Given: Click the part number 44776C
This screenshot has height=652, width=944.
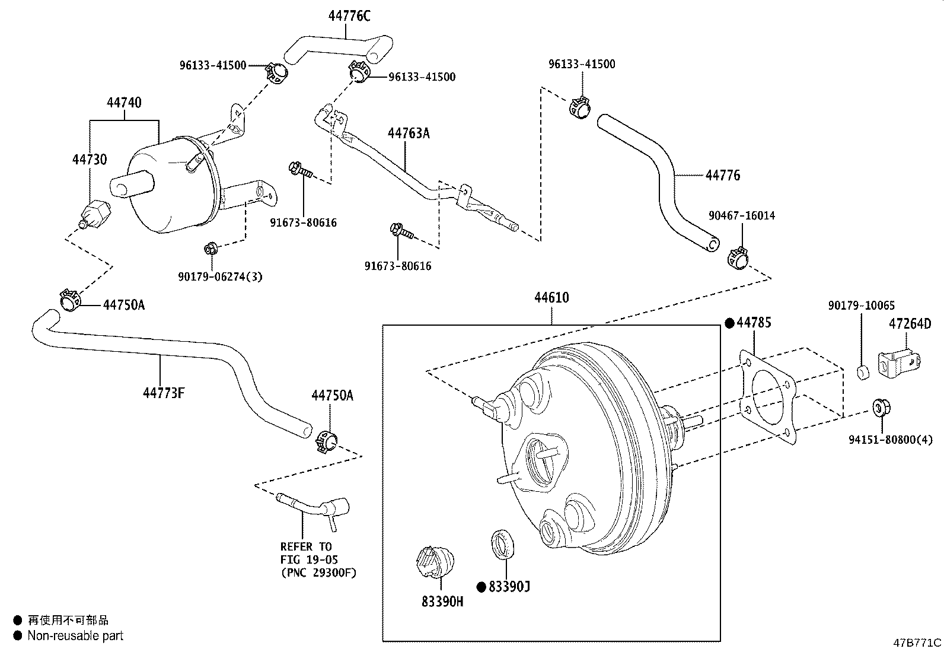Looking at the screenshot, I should [x=349, y=16].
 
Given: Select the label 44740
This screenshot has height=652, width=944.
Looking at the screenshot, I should [x=124, y=103].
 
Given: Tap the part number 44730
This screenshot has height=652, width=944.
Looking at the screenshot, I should [x=90, y=159].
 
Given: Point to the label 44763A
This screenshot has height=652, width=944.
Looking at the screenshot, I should [x=409, y=133].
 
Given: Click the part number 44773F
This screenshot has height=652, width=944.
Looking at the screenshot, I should [x=164, y=392].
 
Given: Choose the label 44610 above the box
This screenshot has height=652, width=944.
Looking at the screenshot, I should [x=551, y=297].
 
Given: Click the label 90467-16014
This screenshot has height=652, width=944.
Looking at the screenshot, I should [x=741, y=215].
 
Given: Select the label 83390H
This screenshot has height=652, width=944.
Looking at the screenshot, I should [x=442, y=601].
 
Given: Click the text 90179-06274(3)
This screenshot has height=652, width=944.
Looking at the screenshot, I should [x=220, y=276].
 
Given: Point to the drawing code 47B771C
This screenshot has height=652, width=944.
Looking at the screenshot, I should [x=917, y=643].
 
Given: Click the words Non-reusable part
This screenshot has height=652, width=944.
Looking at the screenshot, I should [x=76, y=635].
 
